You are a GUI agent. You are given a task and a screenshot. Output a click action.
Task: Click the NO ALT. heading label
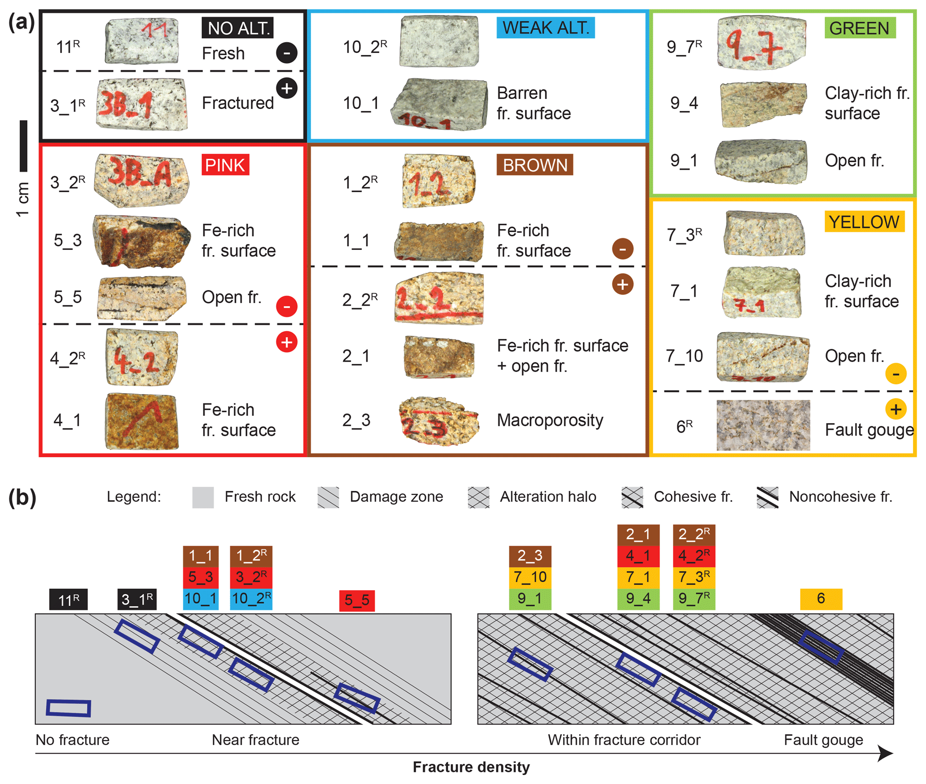237,28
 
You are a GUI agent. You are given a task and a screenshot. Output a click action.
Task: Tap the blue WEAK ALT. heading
545,28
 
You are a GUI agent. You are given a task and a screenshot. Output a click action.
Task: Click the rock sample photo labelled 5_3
141,241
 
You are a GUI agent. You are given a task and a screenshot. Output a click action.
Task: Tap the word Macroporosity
549,420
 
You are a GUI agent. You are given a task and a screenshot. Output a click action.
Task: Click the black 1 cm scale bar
23,146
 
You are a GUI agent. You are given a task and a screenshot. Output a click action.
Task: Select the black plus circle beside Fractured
286,88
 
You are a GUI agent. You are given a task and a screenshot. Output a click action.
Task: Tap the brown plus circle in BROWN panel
622,284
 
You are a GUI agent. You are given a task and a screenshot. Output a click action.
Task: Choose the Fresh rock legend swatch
202,497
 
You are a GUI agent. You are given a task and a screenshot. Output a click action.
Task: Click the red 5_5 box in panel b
356,600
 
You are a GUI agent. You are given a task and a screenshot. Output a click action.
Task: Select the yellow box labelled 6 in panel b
820,599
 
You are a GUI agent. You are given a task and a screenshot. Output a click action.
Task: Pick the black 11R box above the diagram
68,599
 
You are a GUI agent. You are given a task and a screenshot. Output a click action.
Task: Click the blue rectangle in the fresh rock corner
69,708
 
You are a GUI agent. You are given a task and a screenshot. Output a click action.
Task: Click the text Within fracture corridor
623,740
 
